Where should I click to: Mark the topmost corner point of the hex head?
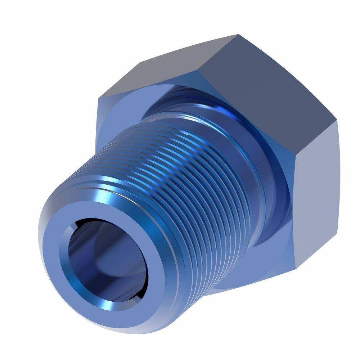click(238, 35)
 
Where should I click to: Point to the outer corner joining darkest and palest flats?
click(337, 120)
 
